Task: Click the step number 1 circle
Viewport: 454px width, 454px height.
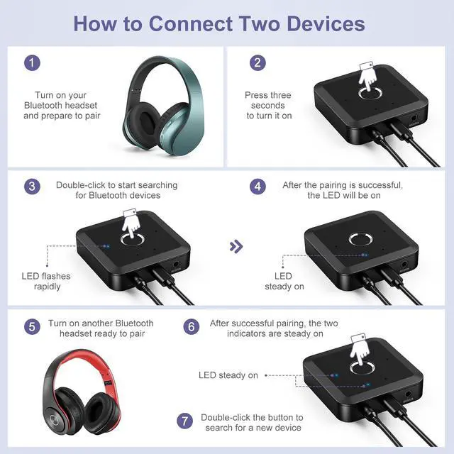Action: [32, 63]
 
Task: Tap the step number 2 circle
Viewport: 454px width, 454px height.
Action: [258, 63]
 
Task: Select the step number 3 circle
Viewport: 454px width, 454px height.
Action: [32, 187]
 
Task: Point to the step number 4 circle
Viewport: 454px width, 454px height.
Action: [258, 187]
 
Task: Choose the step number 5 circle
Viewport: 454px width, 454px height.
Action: [32, 326]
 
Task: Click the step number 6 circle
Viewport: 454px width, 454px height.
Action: [192, 326]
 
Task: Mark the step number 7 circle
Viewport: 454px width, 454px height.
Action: [184, 421]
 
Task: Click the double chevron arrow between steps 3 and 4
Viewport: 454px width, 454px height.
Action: [236, 246]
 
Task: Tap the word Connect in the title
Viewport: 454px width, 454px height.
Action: [191, 23]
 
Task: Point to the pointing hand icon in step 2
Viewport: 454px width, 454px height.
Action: [367, 76]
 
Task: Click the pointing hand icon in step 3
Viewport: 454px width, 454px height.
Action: [131, 223]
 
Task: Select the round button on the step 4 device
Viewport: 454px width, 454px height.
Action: [360, 240]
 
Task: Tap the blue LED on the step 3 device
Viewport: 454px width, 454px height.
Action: [108, 246]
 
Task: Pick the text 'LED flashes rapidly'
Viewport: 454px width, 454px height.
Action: [46, 281]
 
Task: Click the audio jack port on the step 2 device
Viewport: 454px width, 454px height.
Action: [414, 118]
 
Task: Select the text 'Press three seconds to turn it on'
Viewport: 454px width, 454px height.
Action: [268, 106]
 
